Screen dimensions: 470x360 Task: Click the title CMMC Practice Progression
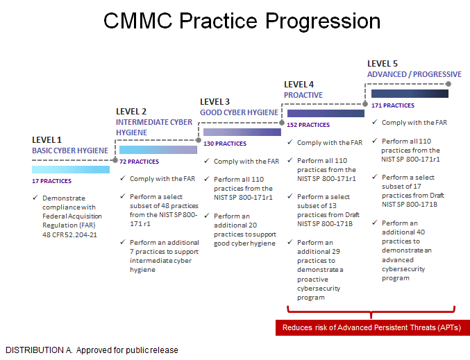(242, 21)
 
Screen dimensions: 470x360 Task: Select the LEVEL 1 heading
(47, 140)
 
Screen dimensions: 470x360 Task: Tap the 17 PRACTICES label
(52, 181)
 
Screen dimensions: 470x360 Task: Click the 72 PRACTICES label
(139, 162)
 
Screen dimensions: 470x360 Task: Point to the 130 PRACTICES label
(225, 144)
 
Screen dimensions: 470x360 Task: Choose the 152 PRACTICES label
(308, 125)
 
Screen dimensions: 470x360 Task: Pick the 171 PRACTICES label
(393, 105)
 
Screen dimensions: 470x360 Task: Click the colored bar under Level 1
(71, 169)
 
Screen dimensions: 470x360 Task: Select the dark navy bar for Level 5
(410, 94)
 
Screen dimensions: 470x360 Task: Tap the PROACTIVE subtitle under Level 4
(303, 95)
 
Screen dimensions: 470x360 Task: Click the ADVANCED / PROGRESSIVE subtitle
(414, 74)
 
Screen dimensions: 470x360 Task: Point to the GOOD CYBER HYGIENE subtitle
(240, 112)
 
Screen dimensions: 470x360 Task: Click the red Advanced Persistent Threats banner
(373, 327)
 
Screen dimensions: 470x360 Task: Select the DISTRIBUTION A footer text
(92, 350)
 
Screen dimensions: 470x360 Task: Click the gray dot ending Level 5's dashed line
(448, 84)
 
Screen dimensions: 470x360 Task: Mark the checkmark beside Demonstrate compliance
(35, 198)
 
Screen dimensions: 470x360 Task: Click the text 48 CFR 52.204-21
(69, 235)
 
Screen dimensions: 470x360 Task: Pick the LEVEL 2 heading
(131, 112)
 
